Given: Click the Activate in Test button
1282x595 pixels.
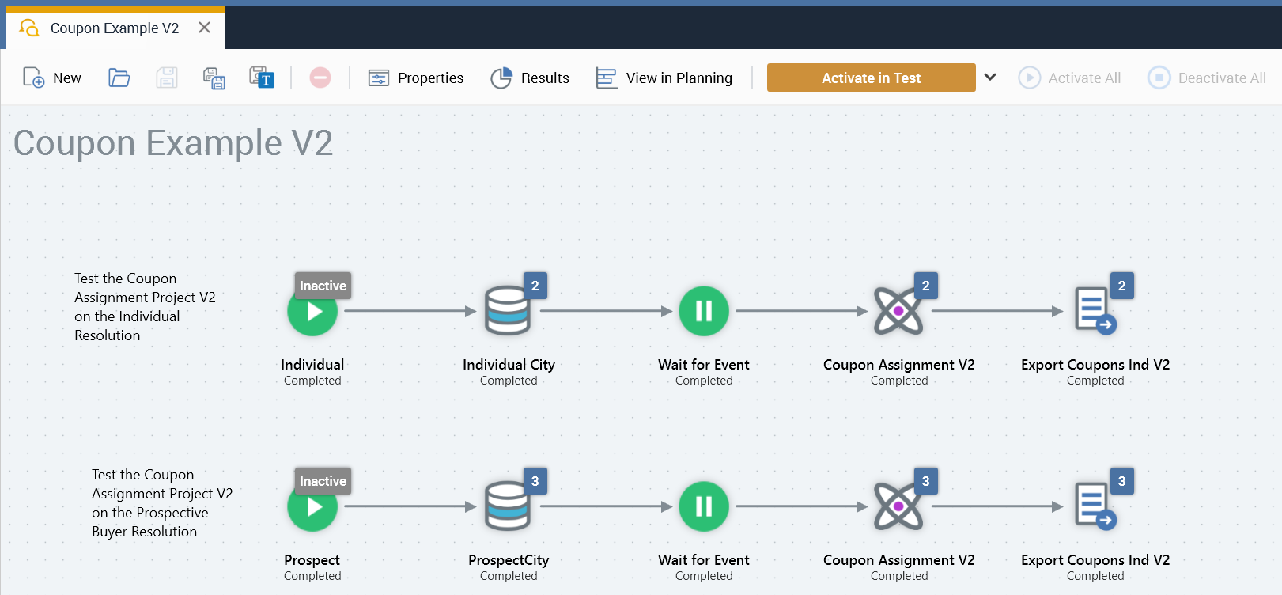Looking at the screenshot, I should point(871,78).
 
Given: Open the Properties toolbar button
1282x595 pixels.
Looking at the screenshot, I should point(416,78).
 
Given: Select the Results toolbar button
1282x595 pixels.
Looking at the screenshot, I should point(530,78).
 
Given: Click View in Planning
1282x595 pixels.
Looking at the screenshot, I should point(664,78).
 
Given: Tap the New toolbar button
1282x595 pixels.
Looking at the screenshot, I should point(52,78).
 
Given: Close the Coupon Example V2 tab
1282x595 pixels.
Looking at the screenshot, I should point(204,28).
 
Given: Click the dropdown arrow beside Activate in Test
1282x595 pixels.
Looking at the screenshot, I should point(990,77).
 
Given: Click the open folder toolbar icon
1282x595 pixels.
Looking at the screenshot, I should point(119,78).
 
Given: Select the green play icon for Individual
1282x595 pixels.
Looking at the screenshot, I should point(312,312).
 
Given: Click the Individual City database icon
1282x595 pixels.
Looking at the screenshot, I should point(507,312).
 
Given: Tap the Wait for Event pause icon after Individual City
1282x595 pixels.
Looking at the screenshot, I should point(704,312).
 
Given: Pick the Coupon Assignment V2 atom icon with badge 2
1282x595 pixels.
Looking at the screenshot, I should point(898,312).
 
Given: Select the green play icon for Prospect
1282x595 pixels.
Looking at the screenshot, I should point(312,507).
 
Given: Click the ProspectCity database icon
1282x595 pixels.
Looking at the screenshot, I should point(507,507).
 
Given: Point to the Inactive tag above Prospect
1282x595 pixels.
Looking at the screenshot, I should point(323,481).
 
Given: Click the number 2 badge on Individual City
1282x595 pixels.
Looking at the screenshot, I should point(535,286).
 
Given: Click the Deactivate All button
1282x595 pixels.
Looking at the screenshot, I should point(1207,78).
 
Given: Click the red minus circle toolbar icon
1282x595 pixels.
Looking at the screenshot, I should point(320,78).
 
